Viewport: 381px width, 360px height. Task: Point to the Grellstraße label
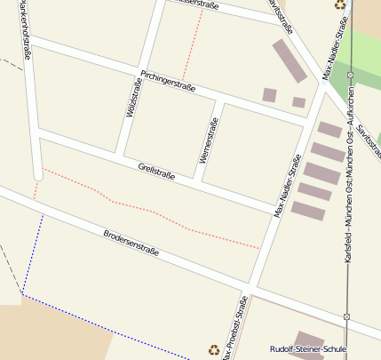pos(156,171)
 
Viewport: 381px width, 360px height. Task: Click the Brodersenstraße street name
pos(131,243)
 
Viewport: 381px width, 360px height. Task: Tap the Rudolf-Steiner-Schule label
pos(308,349)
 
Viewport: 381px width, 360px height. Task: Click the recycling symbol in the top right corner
pos(340,4)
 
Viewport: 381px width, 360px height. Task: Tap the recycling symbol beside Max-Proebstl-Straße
pos(213,350)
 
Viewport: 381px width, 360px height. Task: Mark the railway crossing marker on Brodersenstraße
pos(348,316)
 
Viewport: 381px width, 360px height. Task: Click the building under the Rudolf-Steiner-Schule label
pos(310,338)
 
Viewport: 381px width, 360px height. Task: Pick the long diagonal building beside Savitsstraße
pos(288,61)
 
